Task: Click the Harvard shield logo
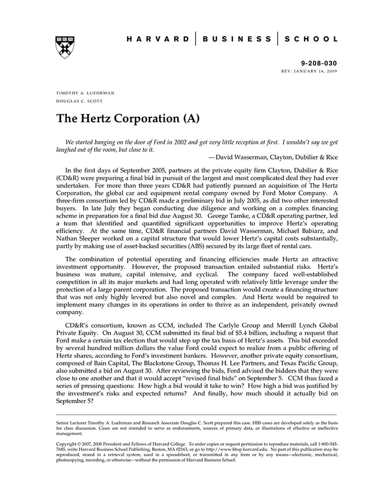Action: [x=65, y=48]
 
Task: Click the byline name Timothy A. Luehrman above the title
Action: [x=85, y=93]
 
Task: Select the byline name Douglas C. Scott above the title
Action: [x=79, y=101]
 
